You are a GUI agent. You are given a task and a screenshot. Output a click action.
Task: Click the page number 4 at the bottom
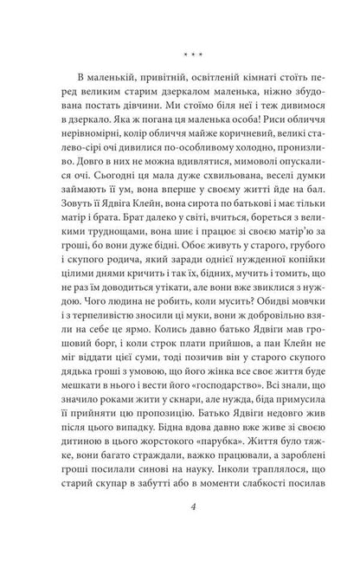tap(179, 513)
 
